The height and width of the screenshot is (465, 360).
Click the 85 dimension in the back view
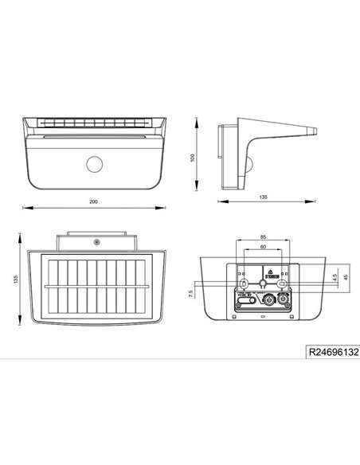click(x=264, y=237)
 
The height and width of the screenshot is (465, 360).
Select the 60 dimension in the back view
click(x=264, y=248)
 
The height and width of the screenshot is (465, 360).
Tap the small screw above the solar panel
click(x=96, y=240)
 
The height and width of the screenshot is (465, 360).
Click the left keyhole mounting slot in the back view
click(x=242, y=283)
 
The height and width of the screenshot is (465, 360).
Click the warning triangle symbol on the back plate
click(x=268, y=271)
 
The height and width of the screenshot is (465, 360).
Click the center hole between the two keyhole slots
click(x=263, y=283)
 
